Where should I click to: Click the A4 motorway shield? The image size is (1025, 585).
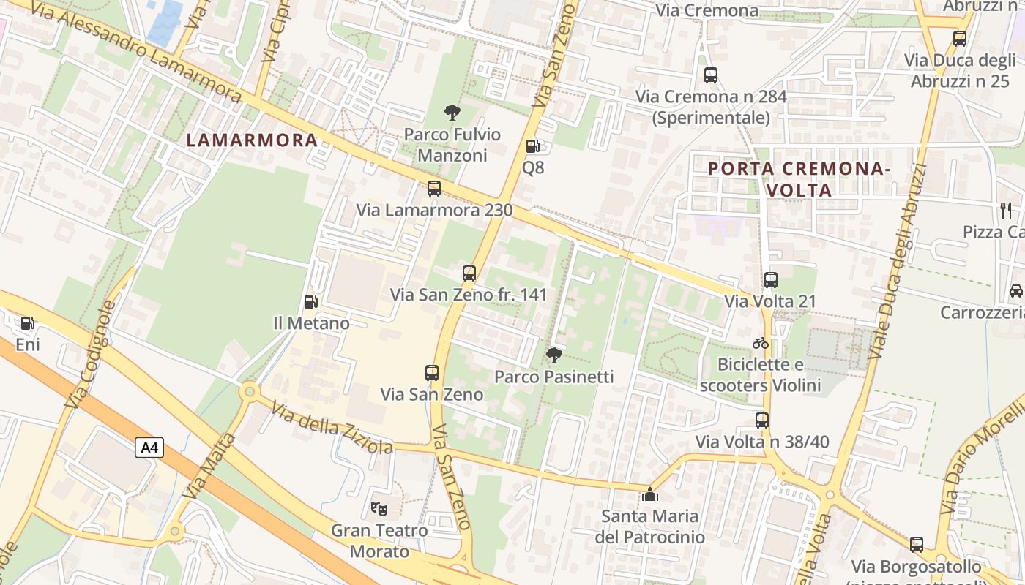coord(149,448)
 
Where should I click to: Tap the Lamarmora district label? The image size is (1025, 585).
coord(253,140)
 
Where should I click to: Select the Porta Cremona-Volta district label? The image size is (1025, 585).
coord(799,179)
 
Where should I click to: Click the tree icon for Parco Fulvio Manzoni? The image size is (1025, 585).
coord(452,113)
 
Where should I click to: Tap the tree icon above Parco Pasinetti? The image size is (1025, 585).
coord(554,355)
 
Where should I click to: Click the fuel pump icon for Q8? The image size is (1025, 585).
coord(533,146)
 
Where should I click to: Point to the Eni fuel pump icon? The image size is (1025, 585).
coord(28,322)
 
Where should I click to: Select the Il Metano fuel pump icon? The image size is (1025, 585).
coord(310,301)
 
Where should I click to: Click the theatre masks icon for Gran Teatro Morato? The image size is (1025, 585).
coord(379,507)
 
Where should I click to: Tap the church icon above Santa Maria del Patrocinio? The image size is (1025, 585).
coord(649,494)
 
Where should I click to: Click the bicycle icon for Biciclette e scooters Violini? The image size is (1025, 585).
coord(761,342)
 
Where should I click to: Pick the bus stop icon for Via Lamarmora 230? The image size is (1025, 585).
coord(434,189)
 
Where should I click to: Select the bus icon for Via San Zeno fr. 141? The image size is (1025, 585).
coord(469,273)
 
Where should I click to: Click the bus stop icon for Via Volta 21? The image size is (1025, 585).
coord(770,279)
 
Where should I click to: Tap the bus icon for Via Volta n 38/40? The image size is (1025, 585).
coord(762,420)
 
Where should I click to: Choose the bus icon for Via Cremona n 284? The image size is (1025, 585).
coord(710,75)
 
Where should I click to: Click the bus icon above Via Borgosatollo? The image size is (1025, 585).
coord(917,545)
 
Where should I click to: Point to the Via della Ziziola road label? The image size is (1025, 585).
coord(332,426)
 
